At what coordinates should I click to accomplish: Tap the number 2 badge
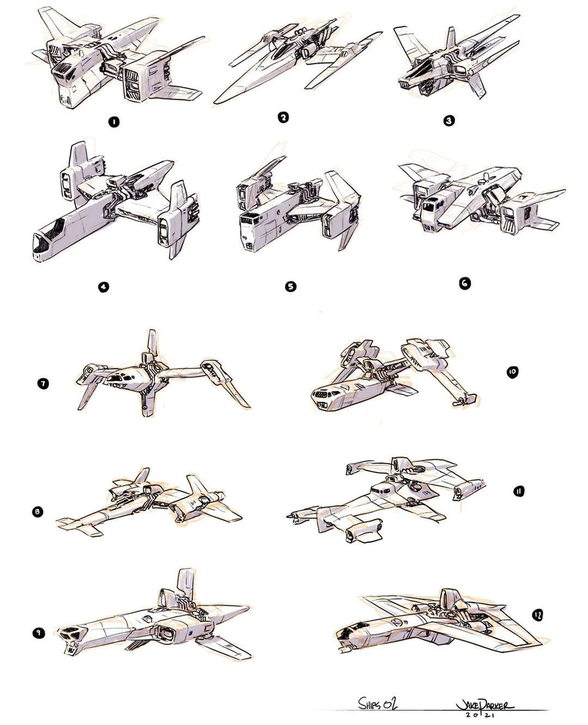coord(283,118)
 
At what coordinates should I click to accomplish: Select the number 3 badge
coord(449,121)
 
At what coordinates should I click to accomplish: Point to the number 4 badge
coord(103,287)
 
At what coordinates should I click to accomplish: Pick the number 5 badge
coord(290,287)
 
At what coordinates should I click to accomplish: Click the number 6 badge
coord(464,283)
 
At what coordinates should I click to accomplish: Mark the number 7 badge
coord(43,384)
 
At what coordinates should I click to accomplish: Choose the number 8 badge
coord(37,512)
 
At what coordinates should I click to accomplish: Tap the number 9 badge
coord(37,633)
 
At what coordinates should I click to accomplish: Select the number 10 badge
coord(512,371)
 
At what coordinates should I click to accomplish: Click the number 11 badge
coord(519,491)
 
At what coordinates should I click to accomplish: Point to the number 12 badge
coord(537,616)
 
